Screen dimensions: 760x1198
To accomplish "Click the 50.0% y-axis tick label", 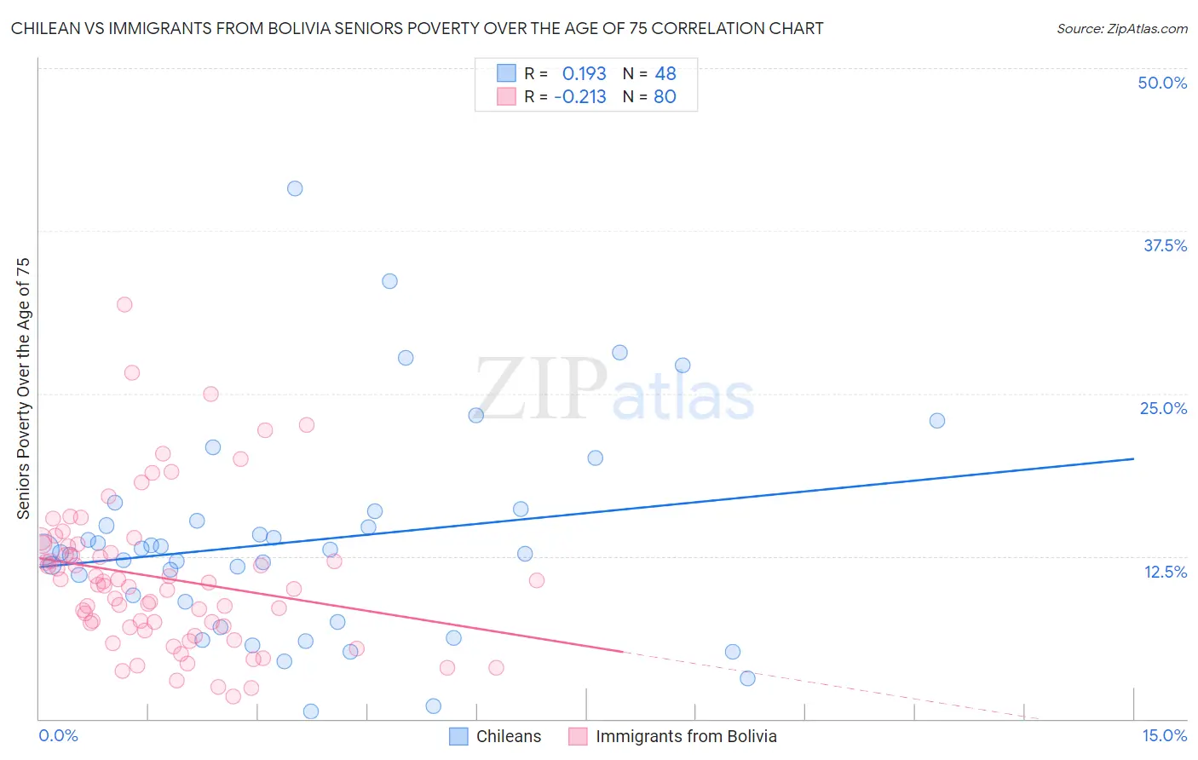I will tap(1162, 83).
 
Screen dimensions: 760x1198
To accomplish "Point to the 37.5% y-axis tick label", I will tap(1165, 245).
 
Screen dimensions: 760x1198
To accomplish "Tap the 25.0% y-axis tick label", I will tap(1163, 408).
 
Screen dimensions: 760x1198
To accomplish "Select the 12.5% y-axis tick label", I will tap(1165, 572).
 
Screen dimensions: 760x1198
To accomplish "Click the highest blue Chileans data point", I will tap(295, 188).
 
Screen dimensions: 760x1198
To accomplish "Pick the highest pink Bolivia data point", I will tap(124, 304).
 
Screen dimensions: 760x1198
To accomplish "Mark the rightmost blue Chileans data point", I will tap(937, 420).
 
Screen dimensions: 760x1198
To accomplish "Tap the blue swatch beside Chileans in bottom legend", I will tap(458, 737).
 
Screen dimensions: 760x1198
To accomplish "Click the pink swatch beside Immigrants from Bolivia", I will tap(578, 737).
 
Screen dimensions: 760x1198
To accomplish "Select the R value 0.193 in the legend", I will tap(584, 73).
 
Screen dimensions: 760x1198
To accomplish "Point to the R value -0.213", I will tap(579, 97).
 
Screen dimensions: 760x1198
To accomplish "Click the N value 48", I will tap(665, 73).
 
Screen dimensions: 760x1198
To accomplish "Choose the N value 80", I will tap(665, 97).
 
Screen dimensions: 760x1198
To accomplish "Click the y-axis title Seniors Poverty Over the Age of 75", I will tap(23, 389).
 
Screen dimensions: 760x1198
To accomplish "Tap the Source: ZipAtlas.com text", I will tap(1121, 28).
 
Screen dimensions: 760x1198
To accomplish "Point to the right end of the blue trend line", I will tap(1133, 458).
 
